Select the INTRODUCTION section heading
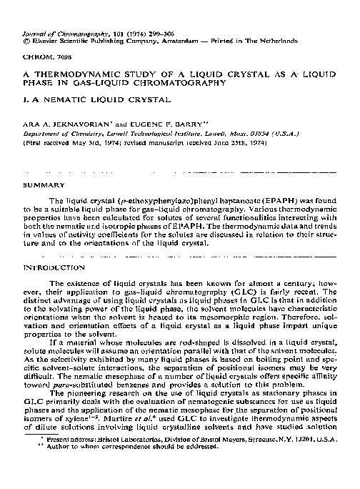[55, 267]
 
